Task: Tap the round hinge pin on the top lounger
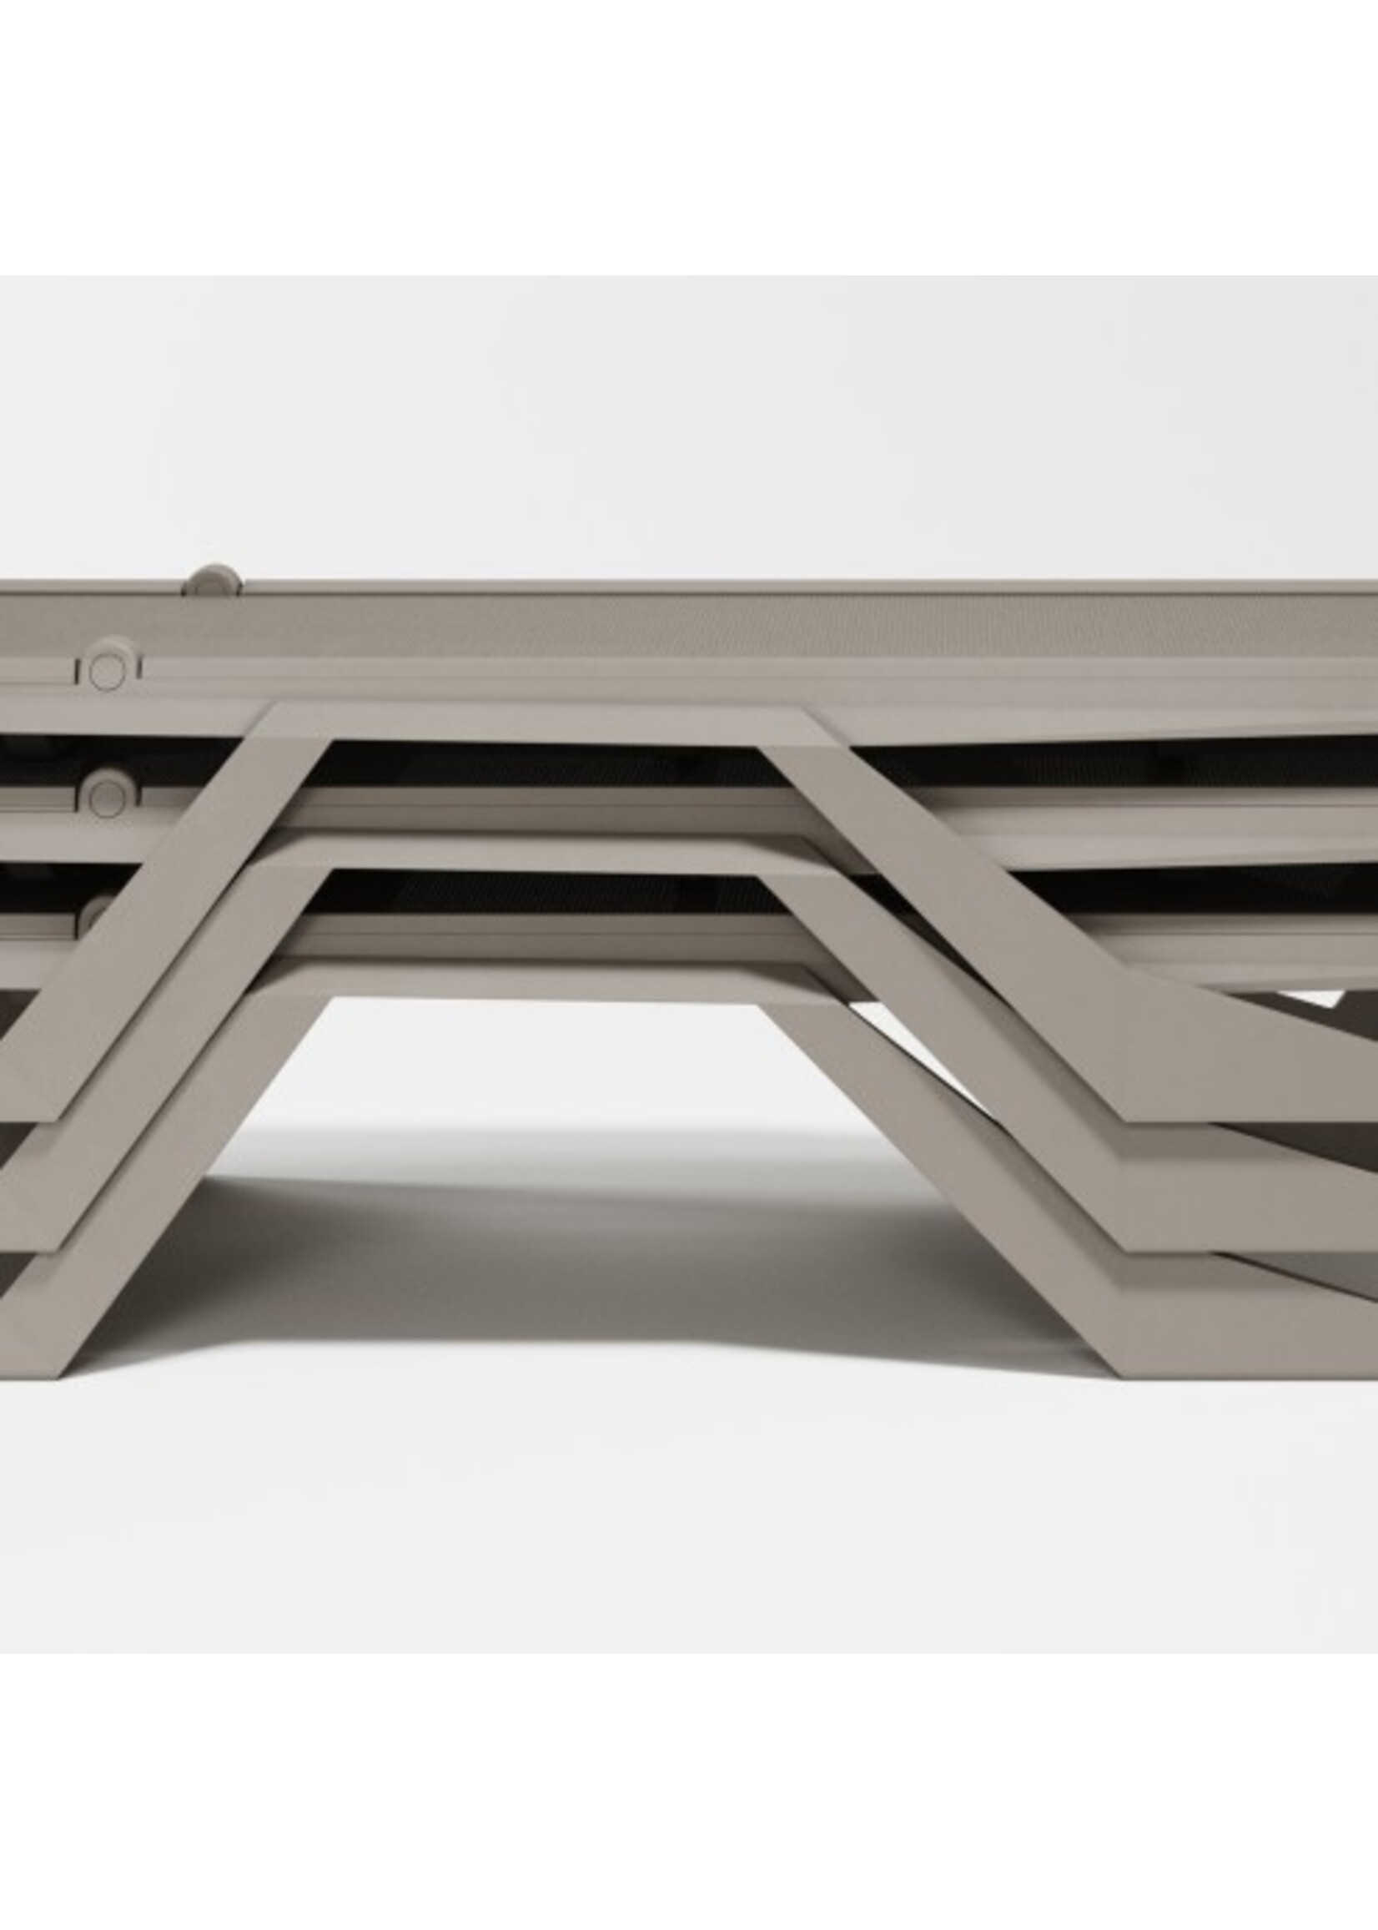pyautogui.click(x=106, y=673)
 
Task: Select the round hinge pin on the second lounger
pyautogui.click(x=108, y=795)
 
